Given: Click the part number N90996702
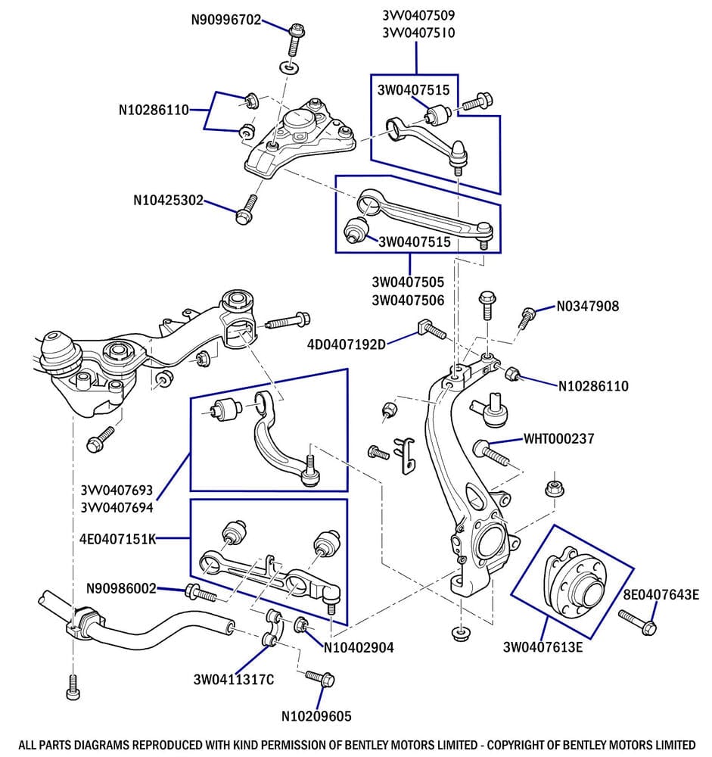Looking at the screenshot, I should click(225, 20).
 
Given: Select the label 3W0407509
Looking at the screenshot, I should click(418, 15).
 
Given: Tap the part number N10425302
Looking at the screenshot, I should click(168, 201).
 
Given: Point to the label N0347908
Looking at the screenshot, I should click(588, 307).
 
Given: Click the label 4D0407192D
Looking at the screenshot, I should click(346, 344).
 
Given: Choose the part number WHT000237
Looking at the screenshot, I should click(558, 438).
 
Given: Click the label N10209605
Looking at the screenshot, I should click(316, 715).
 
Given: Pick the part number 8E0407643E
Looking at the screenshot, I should click(661, 594).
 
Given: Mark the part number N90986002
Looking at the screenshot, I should click(121, 588).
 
